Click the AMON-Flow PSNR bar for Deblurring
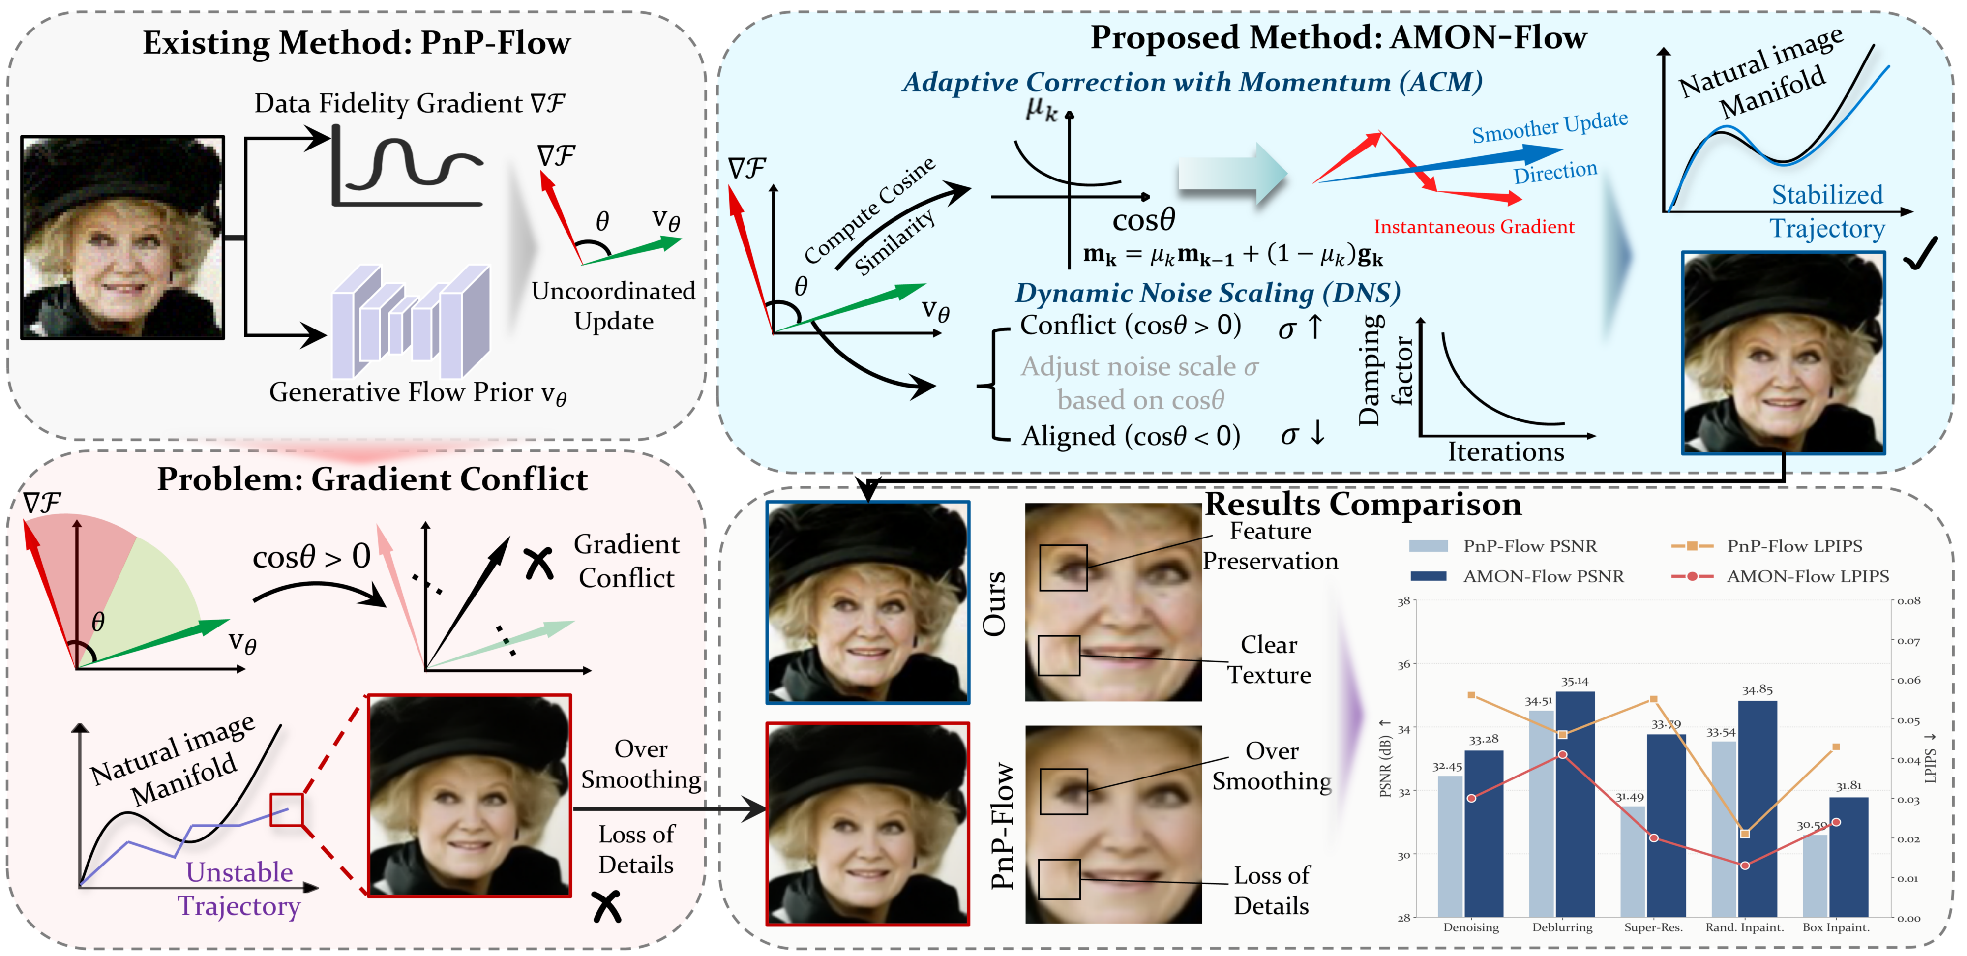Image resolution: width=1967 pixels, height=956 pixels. point(1575,802)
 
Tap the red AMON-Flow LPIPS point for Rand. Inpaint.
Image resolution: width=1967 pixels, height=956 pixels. point(1745,865)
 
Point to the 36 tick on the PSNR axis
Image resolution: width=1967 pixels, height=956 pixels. point(1403,664)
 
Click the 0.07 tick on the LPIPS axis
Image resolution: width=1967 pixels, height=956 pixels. point(1909,641)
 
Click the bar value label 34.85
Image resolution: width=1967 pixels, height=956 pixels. point(1757,689)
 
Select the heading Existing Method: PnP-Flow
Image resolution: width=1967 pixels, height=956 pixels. point(357,43)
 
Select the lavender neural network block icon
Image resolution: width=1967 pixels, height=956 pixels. point(411,322)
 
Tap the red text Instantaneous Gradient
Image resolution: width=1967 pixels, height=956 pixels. point(1474,227)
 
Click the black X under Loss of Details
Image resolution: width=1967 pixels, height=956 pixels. point(607,906)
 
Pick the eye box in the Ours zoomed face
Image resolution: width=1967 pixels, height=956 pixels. point(1063,568)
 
